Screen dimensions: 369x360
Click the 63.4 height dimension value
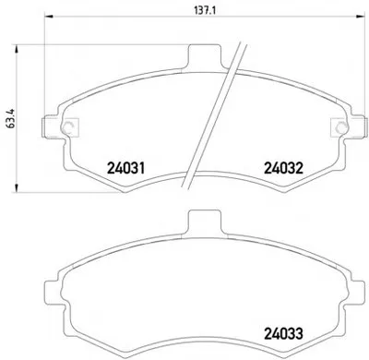[x=10, y=119]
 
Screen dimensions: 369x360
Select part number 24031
[x=125, y=168]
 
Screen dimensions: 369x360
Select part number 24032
[x=284, y=168]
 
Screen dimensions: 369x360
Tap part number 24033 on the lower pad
[x=284, y=333]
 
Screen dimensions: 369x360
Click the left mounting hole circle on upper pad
[x=67, y=127]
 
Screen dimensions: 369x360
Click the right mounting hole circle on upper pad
[x=340, y=127]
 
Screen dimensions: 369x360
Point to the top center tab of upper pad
[x=205, y=56]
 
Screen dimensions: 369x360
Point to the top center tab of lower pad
[x=205, y=222]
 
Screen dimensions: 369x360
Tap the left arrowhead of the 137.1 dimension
[x=49, y=17]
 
